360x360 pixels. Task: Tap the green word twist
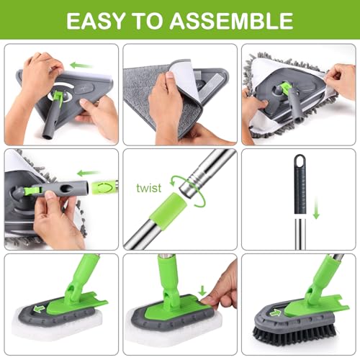[149, 187]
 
